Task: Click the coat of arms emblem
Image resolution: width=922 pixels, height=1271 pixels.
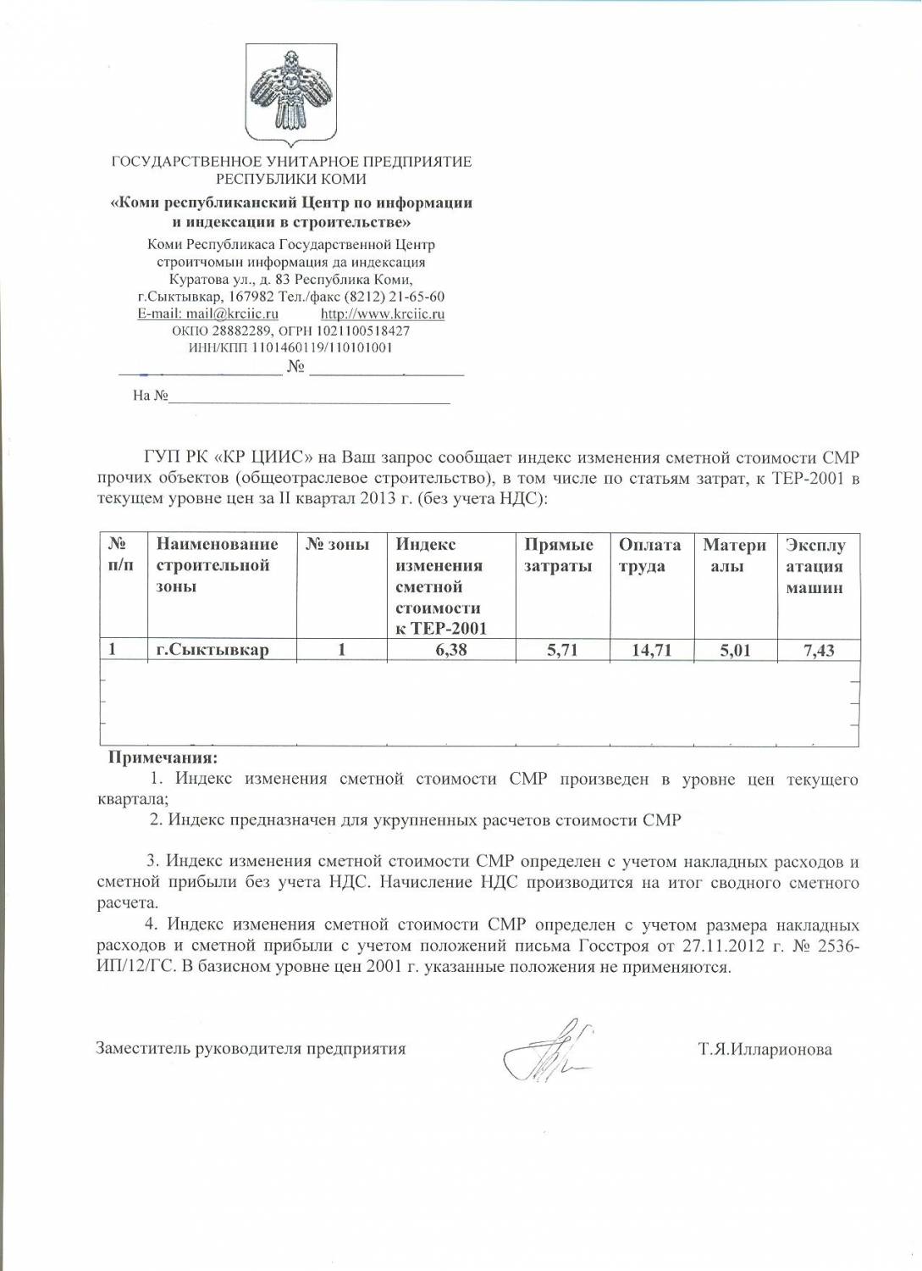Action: pos(290,95)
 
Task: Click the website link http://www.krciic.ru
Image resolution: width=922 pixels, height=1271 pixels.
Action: pos(382,314)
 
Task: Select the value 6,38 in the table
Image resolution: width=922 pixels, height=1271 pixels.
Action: pos(451,650)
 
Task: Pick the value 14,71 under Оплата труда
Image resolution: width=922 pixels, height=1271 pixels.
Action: pos(651,650)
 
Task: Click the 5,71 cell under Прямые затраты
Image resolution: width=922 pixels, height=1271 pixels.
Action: pos(562,650)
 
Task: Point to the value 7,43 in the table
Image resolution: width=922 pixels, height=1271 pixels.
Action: pos(819,651)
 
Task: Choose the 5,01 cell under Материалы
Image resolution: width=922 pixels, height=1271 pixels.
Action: pos(735,651)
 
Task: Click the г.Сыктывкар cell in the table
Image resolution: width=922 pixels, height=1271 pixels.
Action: pos(213,650)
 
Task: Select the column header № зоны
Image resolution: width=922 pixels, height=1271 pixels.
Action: pos(337,545)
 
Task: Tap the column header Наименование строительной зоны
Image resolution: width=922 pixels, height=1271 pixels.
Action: pos(217,565)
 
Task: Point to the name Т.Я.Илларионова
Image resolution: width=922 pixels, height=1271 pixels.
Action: pos(765,1050)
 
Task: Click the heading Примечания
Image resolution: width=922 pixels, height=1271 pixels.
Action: pos(163,758)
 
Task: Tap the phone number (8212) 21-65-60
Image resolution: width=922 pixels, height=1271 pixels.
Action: pos(394,297)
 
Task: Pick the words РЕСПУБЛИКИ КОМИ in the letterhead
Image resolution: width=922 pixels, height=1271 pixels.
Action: pos(290,179)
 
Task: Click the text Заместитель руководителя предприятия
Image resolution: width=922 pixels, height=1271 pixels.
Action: pos(251,1049)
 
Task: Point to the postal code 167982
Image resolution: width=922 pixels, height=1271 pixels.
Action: pos(251,297)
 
